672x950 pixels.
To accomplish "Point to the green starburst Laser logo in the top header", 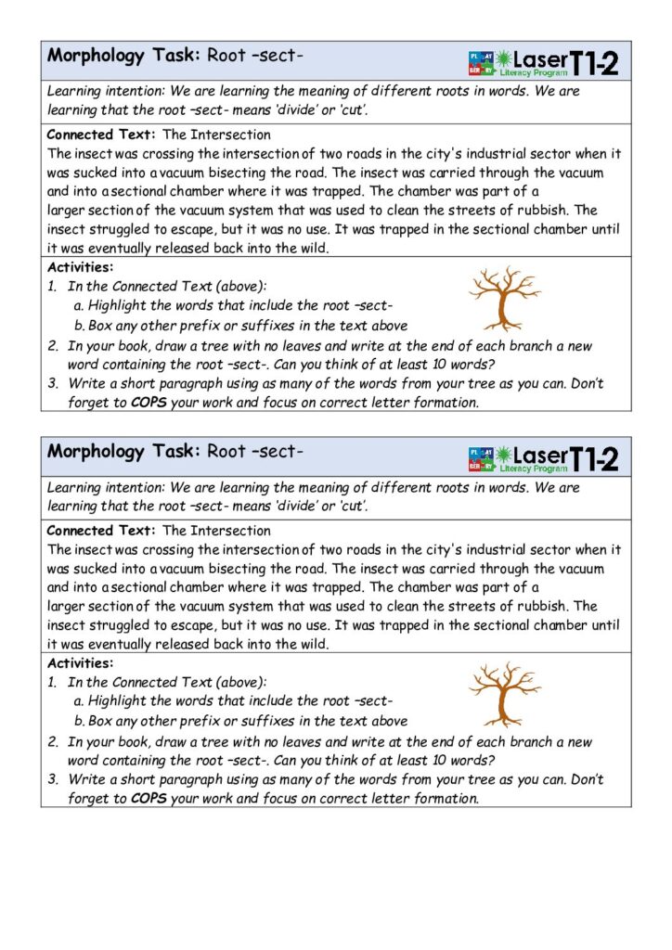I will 507,59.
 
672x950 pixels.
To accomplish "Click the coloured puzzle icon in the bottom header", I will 482,457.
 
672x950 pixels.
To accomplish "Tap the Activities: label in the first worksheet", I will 80,267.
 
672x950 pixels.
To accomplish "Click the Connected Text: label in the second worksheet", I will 101,531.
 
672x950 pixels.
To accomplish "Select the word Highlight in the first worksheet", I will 117,305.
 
